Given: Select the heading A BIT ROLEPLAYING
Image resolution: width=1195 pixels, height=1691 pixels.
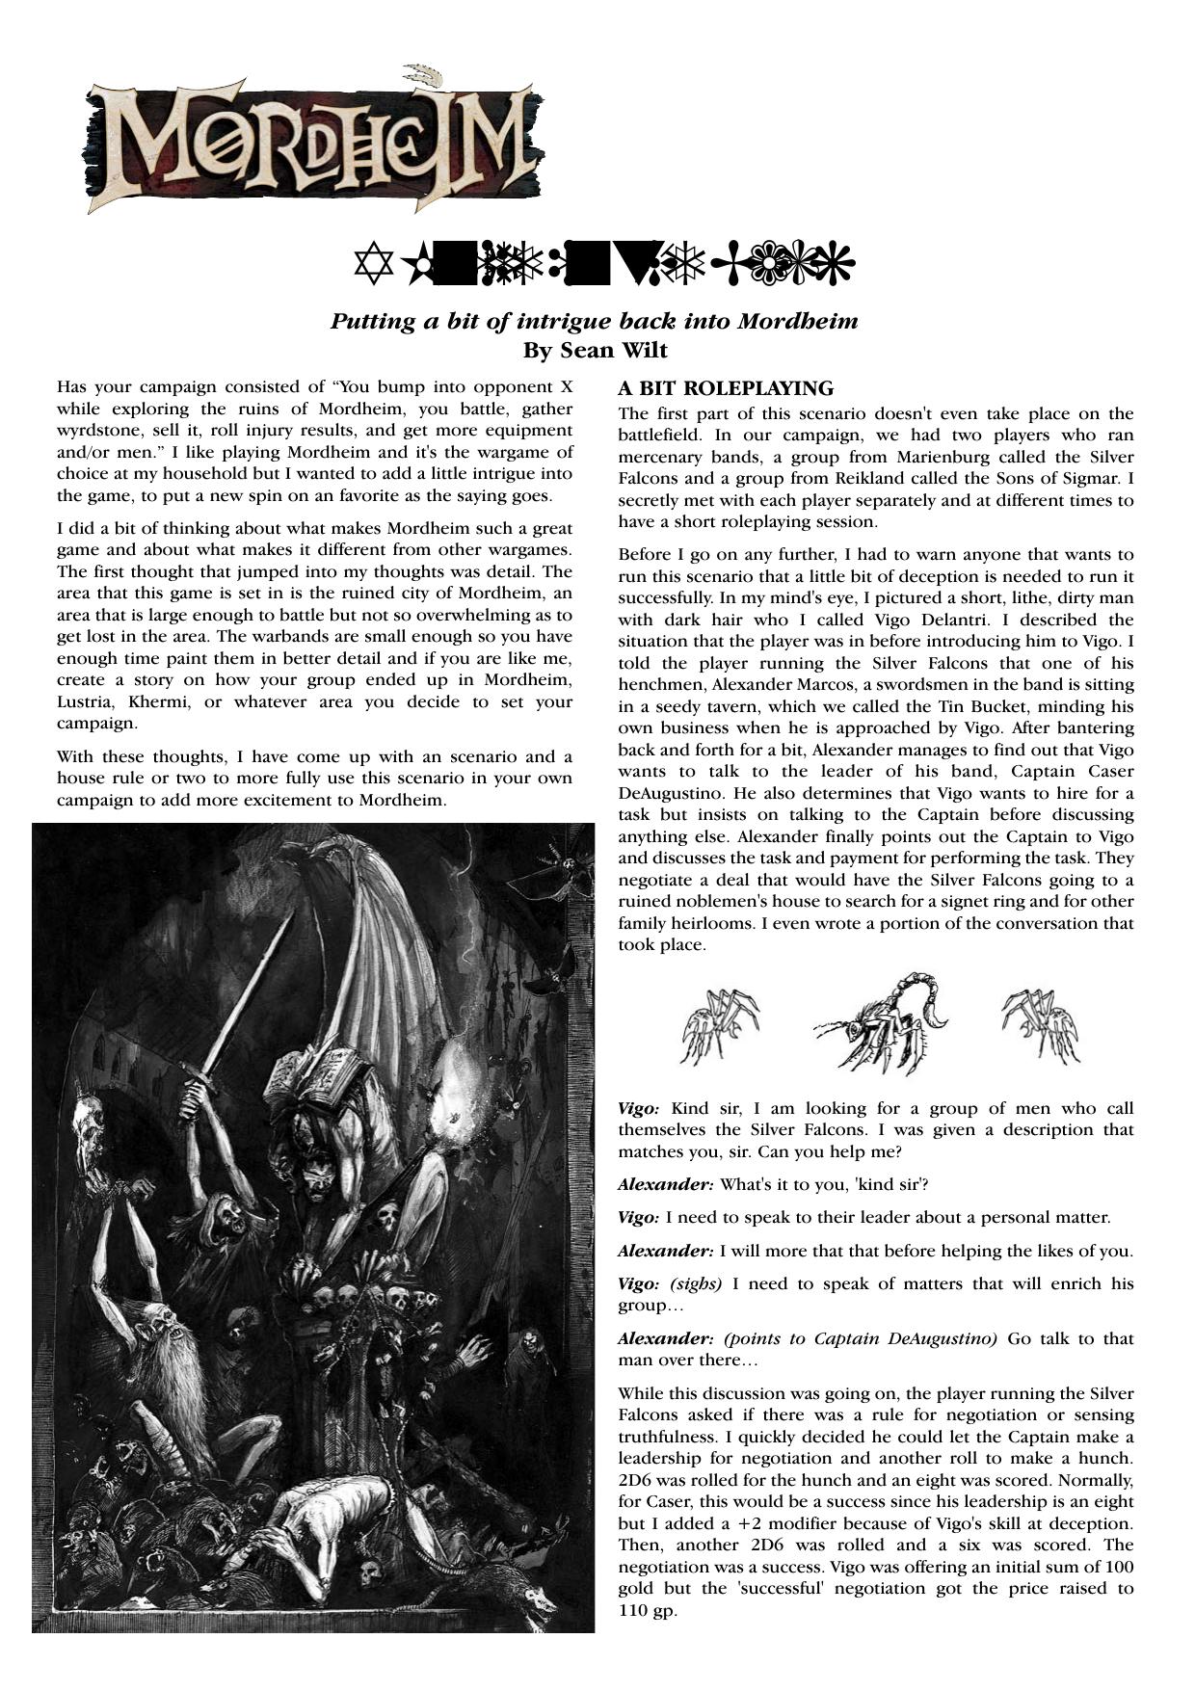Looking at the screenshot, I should [726, 389].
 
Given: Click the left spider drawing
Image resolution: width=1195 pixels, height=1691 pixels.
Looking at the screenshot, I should [721, 1026].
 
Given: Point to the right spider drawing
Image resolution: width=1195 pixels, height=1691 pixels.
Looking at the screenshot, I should [1038, 1024].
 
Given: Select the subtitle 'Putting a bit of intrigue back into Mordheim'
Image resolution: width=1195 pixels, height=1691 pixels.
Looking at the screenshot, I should [594, 321].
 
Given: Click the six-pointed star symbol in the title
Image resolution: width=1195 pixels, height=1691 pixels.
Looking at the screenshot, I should [370, 266].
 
